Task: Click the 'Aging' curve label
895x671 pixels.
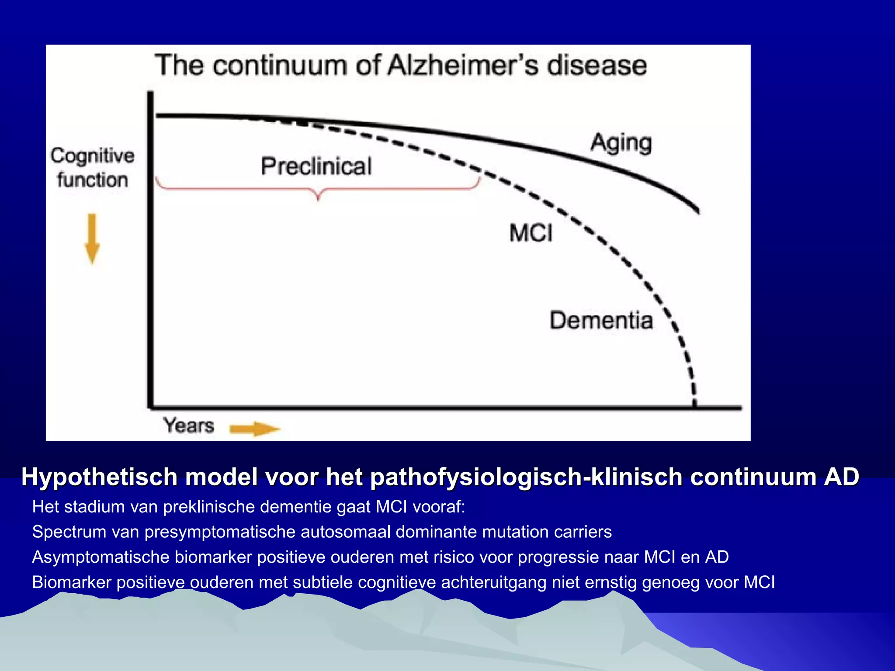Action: coord(621,143)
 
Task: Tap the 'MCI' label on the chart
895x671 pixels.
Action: coord(531,233)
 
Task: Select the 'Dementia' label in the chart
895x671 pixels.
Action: coord(601,320)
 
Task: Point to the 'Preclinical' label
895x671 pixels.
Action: coord(316,166)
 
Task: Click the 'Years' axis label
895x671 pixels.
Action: coord(189,425)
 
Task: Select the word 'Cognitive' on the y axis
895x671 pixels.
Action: coord(92,156)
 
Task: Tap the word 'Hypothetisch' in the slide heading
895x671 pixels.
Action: coord(99,477)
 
